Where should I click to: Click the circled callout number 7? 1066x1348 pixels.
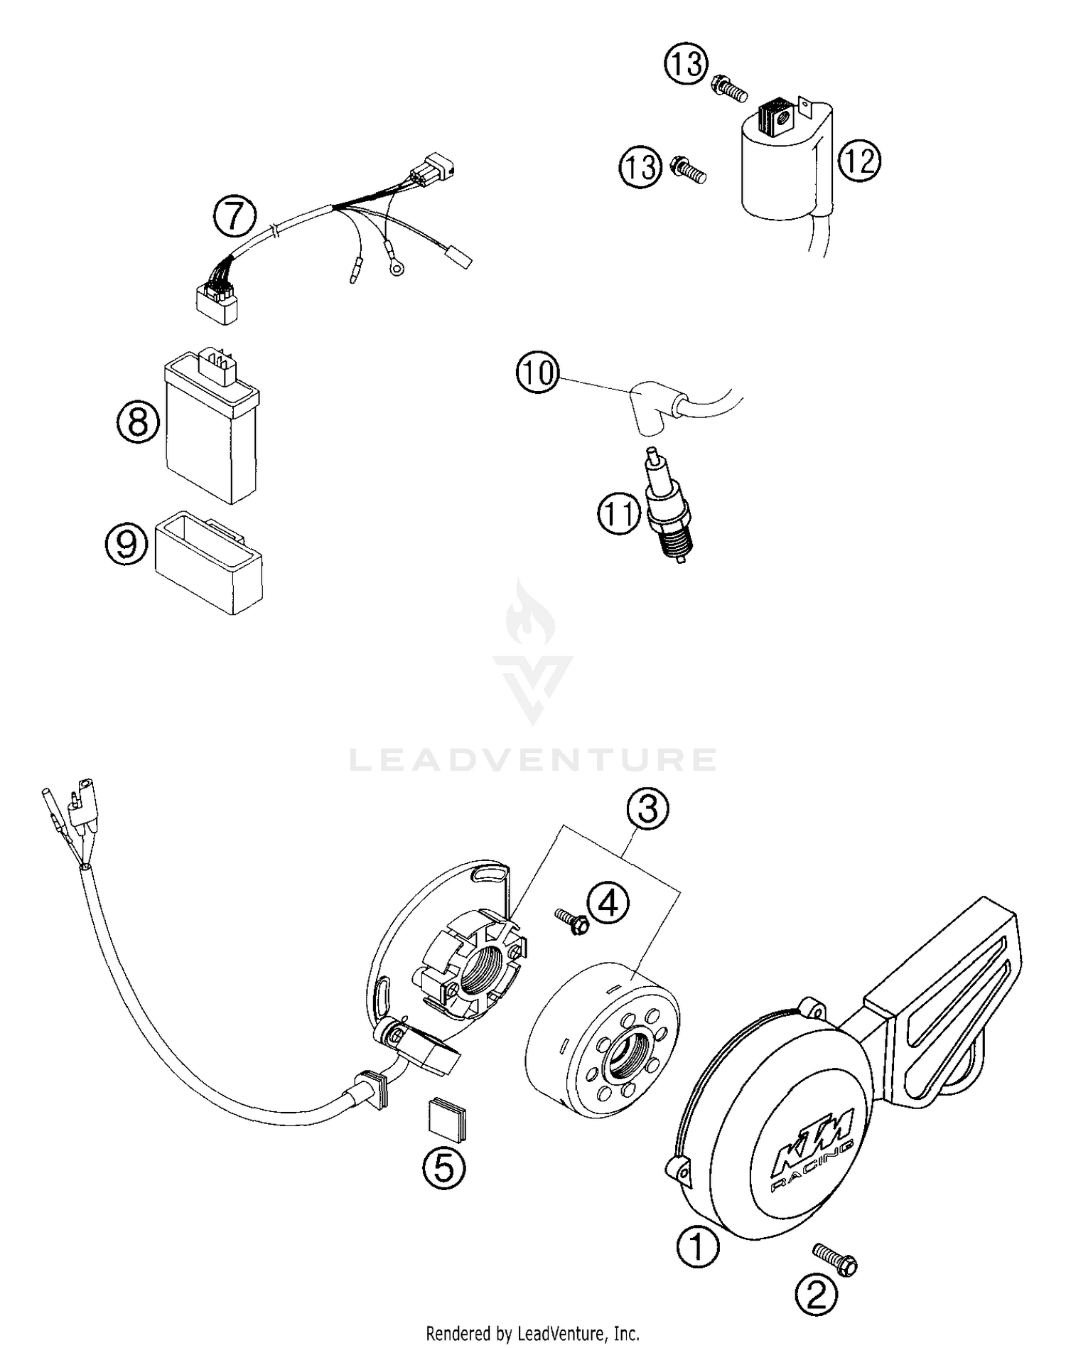(x=235, y=218)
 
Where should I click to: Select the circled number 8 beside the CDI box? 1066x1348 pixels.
(x=138, y=423)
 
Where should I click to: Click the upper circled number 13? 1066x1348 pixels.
(x=686, y=65)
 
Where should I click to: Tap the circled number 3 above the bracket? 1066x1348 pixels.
(x=647, y=810)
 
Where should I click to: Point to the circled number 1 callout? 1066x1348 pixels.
(x=698, y=1246)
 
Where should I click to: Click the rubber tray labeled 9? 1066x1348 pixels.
(x=208, y=562)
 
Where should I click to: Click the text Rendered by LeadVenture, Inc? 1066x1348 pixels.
(x=533, y=1332)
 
